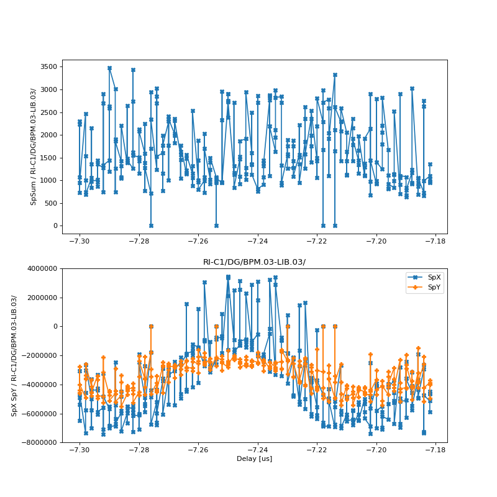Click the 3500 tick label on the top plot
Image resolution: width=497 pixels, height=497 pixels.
coord(48,67)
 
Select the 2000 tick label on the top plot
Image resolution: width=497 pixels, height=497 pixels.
coord(48,135)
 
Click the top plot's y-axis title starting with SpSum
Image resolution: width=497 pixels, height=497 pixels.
coord(34,147)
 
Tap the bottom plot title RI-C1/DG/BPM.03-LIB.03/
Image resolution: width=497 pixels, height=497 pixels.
coord(254,262)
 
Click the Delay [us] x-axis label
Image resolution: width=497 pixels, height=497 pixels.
coord(254,459)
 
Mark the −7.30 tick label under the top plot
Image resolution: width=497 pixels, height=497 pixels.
coord(79,241)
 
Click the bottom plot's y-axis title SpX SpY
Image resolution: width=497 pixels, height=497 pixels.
coord(14,355)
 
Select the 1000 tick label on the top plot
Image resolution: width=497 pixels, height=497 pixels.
coord(48,180)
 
